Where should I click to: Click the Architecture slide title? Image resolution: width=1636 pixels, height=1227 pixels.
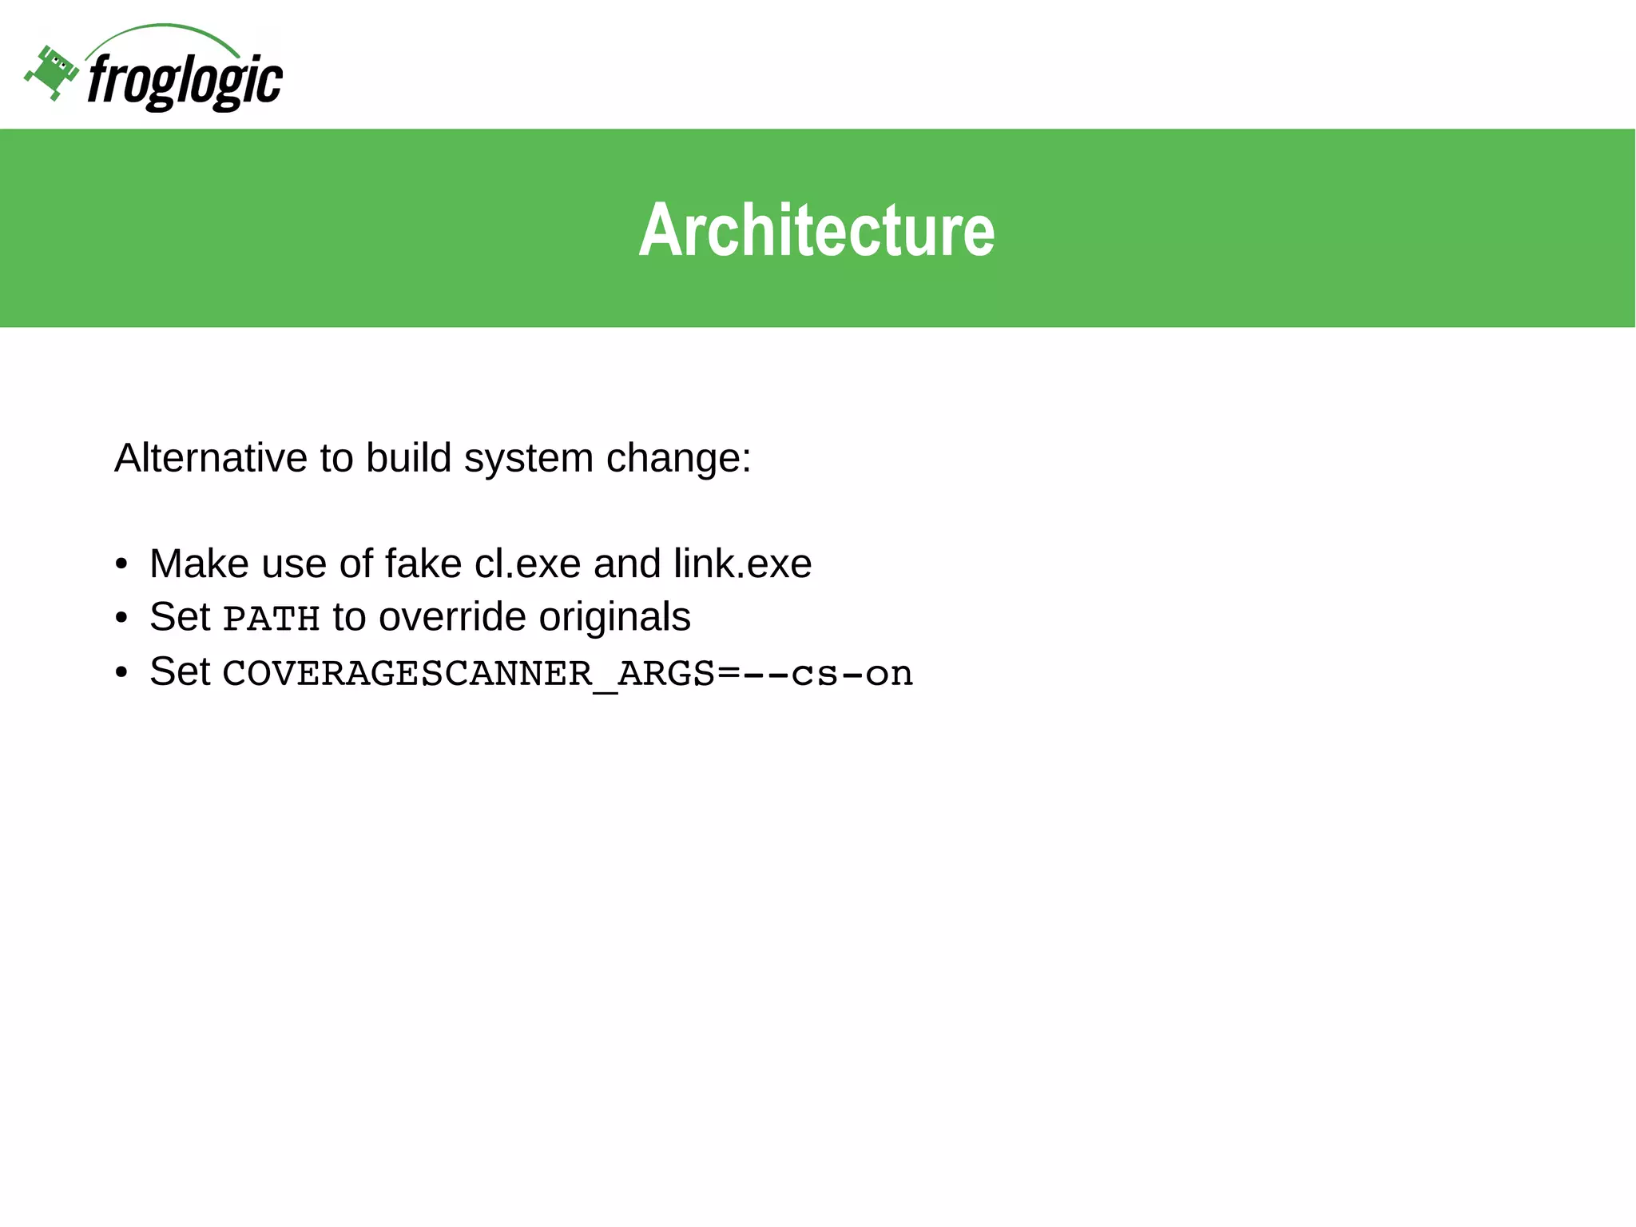coord(816,230)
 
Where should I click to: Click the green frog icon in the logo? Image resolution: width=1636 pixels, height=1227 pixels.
coord(51,73)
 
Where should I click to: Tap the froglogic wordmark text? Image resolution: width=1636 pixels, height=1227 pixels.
coord(185,81)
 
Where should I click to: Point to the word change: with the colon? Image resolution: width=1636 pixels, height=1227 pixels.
coord(678,459)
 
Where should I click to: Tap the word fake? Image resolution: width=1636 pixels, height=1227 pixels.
coord(423,564)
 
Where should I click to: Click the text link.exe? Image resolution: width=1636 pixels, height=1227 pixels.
coord(742,564)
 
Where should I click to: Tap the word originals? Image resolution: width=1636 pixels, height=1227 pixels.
coord(614,618)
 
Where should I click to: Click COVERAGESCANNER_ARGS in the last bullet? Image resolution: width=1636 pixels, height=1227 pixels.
coord(468,674)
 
